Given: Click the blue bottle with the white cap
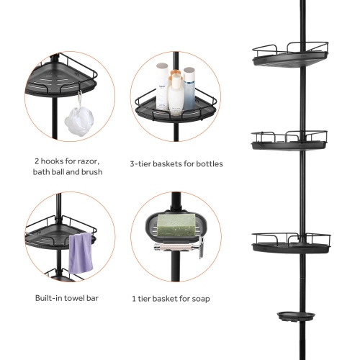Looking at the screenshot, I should point(189,85).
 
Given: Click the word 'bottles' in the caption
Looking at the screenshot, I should point(209,164).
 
